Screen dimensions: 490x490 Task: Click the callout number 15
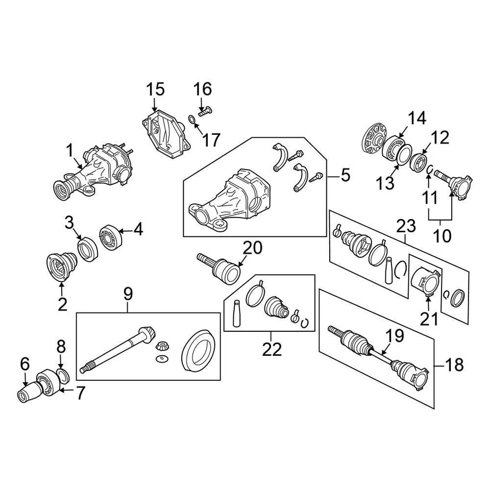pos(156,90)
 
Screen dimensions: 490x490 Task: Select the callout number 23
pos(407,225)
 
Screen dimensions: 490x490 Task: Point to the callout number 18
pos(454,365)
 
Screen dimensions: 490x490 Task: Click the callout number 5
pos(346,176)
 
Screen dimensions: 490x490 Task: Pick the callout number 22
pos(272,349)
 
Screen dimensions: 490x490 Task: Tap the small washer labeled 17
pos(191,119)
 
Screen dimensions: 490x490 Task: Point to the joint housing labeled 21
pos(425,282)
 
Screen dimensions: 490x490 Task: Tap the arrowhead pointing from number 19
pos(383,352)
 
